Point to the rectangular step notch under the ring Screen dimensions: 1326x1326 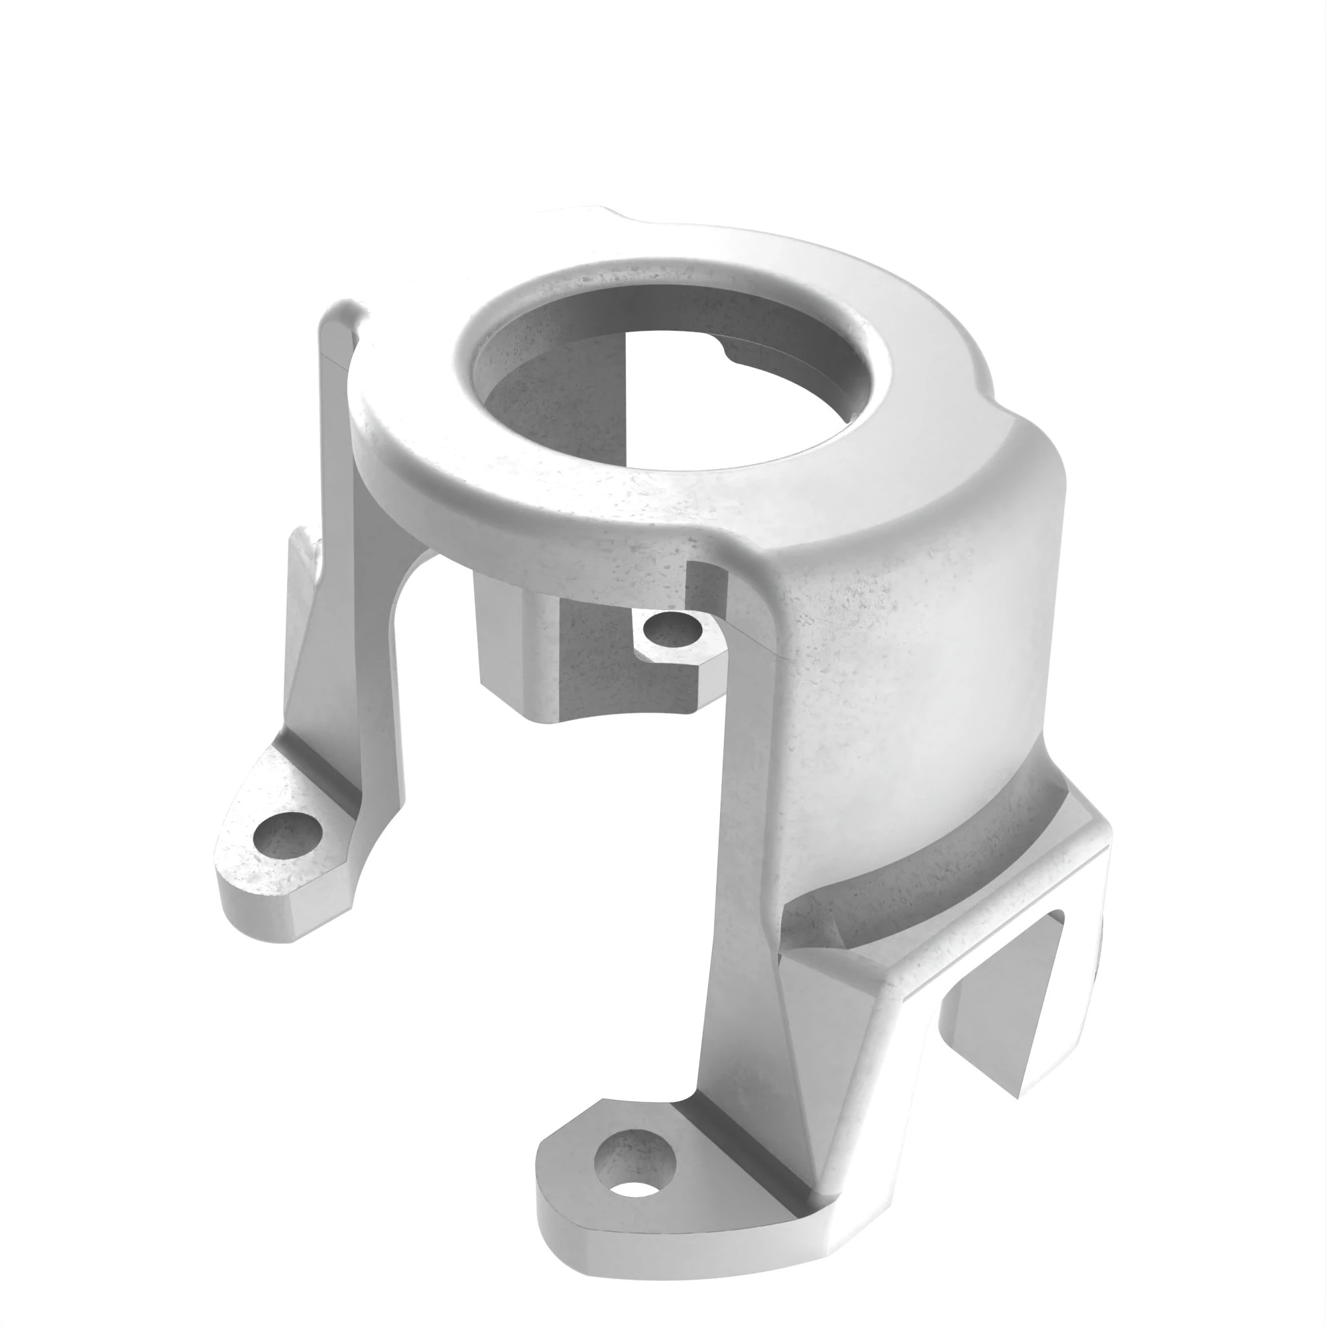[x=707, y=583]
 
